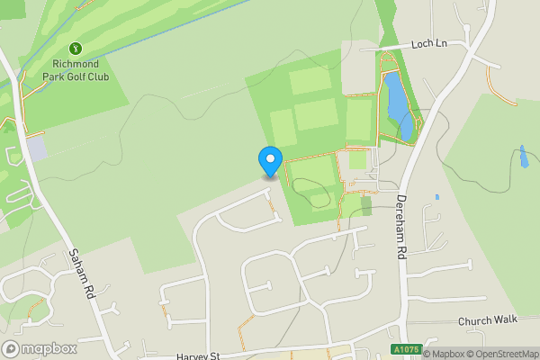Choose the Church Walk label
488,320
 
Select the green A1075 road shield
405,349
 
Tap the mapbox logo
40,348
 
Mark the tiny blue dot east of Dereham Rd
436,196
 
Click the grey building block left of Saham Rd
36,148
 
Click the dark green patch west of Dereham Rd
366,205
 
